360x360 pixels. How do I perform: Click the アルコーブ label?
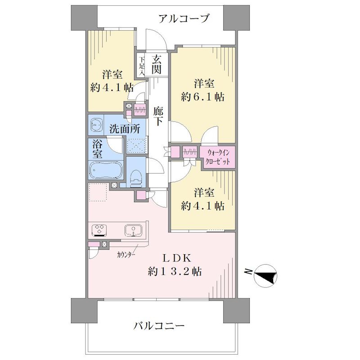(184, 18)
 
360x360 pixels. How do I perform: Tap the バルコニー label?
(159, 325)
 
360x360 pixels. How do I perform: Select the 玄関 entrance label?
(157, 65)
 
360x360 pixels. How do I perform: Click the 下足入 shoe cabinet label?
(142, 67)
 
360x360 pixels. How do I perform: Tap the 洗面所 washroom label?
(125, 129)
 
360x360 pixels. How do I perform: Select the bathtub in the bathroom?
(106, 170)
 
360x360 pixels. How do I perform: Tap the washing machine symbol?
(96, 125)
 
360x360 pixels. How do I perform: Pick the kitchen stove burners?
(99, 230)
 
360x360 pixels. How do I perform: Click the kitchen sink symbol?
(133, 230)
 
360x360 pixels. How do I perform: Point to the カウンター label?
(126, 255)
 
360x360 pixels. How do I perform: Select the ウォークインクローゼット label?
(218, 157)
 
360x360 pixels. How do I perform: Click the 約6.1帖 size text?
(202, 97)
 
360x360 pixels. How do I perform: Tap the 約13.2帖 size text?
(175, 272)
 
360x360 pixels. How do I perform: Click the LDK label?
(177, 258)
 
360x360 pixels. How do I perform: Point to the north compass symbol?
(265, 275)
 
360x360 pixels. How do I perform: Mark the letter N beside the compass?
(248, 272)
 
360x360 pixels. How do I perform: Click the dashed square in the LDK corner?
(98, 192)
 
